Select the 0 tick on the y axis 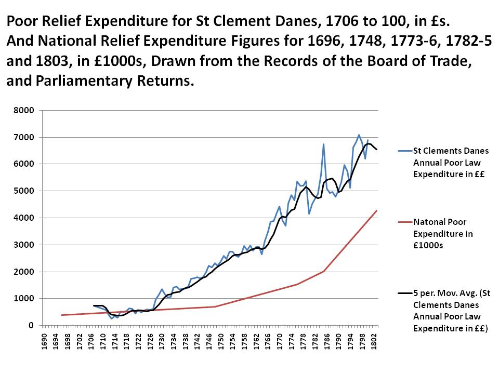click(x=31, y=326)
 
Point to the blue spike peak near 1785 click(x=323, y=144)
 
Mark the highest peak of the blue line click(x=359, y=135)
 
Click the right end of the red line click(x=377, y=210)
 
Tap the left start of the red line click(x=61, y=315)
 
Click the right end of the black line click(x=377, y=150)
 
